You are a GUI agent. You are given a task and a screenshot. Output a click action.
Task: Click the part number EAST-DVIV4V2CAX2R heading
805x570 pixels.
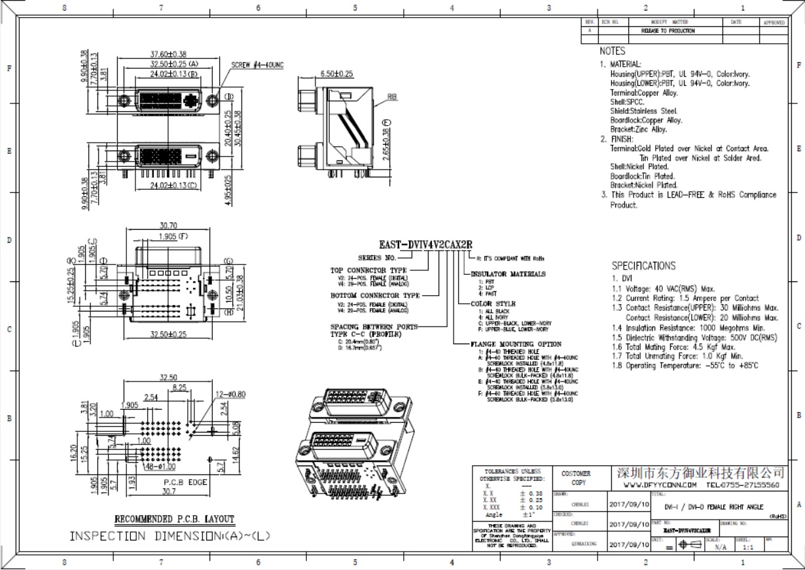click(425, 245)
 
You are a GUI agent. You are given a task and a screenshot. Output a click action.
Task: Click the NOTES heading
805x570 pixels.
click(612, 51)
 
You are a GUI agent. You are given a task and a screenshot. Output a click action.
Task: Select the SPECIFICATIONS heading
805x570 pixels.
click(643, 266)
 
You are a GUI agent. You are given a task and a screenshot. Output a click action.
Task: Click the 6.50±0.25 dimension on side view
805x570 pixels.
click(336, 74)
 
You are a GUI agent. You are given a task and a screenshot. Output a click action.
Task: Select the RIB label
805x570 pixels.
click(392, 96)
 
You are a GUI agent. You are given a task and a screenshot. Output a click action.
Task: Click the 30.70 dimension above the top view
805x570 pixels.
click(169, 226)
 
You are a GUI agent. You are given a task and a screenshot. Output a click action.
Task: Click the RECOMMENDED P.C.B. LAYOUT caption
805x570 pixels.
click(174, 519)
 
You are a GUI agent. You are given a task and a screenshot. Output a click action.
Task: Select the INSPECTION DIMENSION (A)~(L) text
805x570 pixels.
click(170, 536)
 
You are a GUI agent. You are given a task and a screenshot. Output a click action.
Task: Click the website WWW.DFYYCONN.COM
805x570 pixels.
click(658, 486)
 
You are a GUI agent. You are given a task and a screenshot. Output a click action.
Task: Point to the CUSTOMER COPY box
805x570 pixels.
click(575, 478)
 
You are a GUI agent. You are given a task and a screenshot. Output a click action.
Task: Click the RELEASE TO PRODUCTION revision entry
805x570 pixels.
click(668, 31)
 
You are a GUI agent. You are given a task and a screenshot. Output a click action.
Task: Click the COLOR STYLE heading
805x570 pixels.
click(493, 304)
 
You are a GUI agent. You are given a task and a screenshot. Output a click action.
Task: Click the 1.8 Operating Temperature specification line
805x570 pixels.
click(685, 365)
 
